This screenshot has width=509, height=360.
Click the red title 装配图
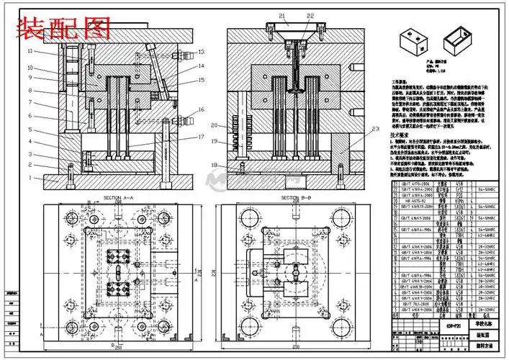click(64, 29)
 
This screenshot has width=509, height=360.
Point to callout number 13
click(202, 52)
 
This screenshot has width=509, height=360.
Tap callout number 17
click(202, 137)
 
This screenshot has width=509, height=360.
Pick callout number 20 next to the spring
click(214, 125)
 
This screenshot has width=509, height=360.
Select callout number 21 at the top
click(282, 16)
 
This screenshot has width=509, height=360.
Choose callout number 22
click(310, 16)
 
